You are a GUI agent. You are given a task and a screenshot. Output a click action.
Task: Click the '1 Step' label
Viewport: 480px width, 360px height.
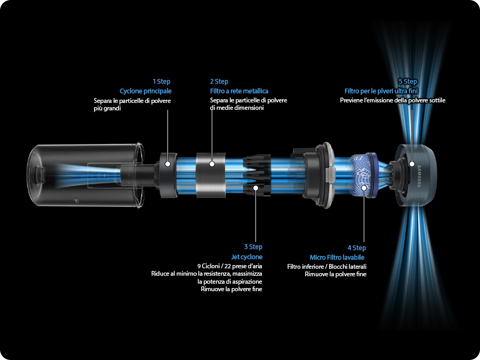coord(161,82)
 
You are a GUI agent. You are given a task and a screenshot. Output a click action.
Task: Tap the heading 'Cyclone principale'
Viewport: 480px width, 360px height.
coord(146,91)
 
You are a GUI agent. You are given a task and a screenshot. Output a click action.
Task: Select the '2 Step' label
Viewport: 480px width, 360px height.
coord(219,82)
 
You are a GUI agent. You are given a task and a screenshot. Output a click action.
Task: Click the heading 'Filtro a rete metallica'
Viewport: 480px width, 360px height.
coord(239,91)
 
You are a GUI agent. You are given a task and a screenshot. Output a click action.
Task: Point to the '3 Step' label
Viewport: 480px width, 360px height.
coord(253,247)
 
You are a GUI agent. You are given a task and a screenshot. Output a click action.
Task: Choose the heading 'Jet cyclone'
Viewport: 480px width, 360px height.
coord(247,257)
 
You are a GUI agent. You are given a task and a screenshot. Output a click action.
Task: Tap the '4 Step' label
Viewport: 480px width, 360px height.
coord(357,247)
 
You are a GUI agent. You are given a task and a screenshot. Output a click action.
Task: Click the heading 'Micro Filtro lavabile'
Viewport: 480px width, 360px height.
coord(337,257)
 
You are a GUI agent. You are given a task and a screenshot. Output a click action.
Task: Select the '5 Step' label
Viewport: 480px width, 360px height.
coord(408,82)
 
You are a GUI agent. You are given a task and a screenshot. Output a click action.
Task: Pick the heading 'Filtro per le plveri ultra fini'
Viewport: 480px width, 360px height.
coord(381,91)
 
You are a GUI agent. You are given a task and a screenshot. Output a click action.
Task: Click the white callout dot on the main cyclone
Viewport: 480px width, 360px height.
coord(167,164)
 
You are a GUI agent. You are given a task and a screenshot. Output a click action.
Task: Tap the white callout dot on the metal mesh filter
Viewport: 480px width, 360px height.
coord(212,164)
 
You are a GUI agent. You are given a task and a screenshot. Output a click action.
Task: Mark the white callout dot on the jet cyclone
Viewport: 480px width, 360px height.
coord(255,187)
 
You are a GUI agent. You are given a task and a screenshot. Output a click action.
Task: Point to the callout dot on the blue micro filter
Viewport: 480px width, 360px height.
coord(364,188)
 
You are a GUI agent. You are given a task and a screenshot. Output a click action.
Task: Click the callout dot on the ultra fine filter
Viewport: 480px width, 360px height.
coord(412,164)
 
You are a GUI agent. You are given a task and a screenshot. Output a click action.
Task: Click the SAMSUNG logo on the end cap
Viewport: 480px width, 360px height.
coord(419,176)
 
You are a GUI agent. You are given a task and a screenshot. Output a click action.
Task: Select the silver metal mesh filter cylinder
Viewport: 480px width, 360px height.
coord(211,175)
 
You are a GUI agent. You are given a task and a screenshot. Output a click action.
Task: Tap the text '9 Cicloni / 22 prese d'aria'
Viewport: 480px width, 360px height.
coord(229,266)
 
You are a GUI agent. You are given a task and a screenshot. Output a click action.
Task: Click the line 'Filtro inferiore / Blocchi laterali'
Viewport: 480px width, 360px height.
coord(326,267)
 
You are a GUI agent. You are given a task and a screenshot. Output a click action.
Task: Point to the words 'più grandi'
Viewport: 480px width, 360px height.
coord(107,108)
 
